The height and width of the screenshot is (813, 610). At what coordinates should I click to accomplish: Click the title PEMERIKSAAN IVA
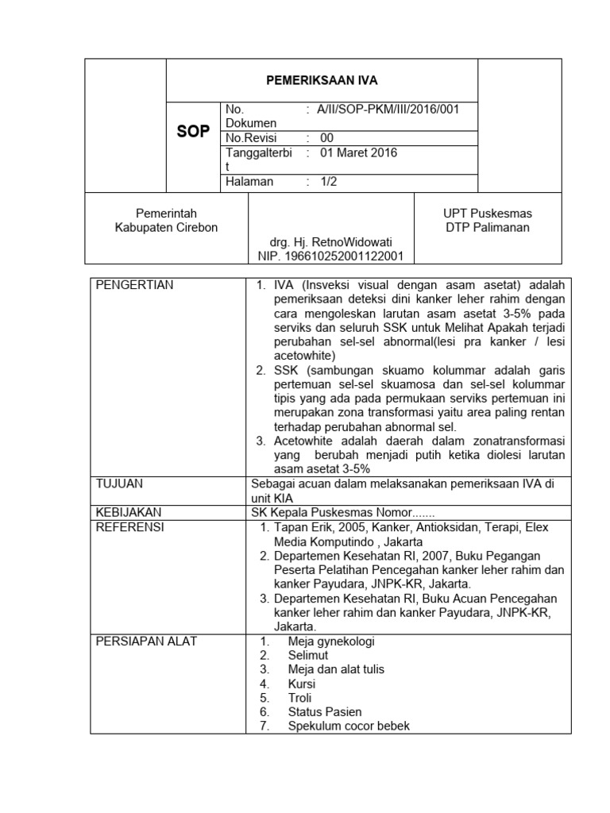tap(321, 80)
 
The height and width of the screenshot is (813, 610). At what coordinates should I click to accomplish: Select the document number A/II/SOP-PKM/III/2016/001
tap(389, 109)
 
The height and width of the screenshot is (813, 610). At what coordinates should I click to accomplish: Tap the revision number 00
tap(326, 138)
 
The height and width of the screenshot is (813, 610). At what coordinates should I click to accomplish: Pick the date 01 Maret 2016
tap(358, 152)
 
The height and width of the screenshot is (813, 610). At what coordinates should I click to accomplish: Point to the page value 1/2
tap(328, 182)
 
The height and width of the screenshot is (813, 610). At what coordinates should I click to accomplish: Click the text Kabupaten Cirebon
tap(166, 227)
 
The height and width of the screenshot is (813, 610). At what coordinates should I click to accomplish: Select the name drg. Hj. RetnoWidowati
tap(330, 241)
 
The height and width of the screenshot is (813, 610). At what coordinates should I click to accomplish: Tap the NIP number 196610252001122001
tap(330, 256)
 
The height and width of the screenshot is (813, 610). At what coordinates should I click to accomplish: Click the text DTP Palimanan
tap(488, 227)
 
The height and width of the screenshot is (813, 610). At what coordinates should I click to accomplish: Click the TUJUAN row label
tap(119, 483)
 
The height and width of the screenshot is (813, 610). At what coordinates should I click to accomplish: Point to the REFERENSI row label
tap(129, 527)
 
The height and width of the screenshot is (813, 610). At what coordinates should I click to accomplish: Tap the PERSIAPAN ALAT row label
tap(146, 641)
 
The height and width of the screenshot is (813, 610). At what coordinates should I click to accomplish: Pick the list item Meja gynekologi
tap(331, 641)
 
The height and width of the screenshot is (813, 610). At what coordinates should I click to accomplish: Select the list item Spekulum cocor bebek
tap(349, 726)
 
